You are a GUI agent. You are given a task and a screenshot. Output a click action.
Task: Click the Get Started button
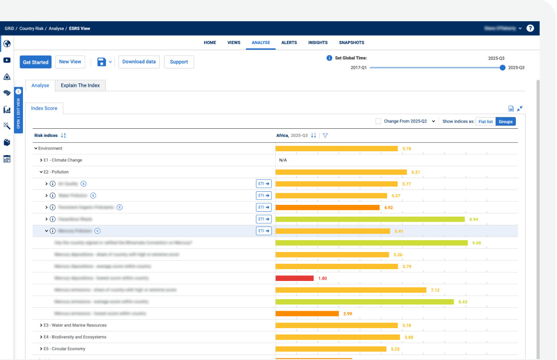click(35, 62)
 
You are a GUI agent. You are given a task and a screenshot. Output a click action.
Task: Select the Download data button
click(139, 62)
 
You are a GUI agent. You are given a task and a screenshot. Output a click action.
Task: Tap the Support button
click(179, 62)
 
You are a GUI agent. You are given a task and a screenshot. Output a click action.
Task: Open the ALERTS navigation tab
click(289, 43)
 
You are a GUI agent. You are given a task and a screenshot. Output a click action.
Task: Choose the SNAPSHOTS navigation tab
click(351, 43)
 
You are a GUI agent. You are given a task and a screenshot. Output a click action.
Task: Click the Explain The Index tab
click(80, 85)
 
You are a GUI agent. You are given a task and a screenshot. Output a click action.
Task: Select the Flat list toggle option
click(485, 122)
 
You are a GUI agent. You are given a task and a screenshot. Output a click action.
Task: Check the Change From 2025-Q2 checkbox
click(378, 121)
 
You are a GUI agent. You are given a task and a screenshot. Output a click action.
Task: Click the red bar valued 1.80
click(294, 278)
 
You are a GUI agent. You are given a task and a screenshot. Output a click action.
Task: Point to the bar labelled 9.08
click(371, 243)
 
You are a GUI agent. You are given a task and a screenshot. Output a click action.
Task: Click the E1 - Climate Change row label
click(62, 160)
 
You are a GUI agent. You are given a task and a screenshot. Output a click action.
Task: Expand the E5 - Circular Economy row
click(41, 349)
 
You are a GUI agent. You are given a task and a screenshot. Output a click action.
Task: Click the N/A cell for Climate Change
click(283, 160)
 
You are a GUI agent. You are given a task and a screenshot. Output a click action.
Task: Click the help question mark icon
click(530, 28)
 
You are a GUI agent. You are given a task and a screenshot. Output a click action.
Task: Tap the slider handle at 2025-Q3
click(503, 68)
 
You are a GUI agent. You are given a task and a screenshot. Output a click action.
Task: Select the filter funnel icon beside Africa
click(325, 136)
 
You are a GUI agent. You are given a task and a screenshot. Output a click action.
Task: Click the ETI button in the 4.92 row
click(264, 207)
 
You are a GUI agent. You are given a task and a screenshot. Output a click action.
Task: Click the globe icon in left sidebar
click(7, 43)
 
